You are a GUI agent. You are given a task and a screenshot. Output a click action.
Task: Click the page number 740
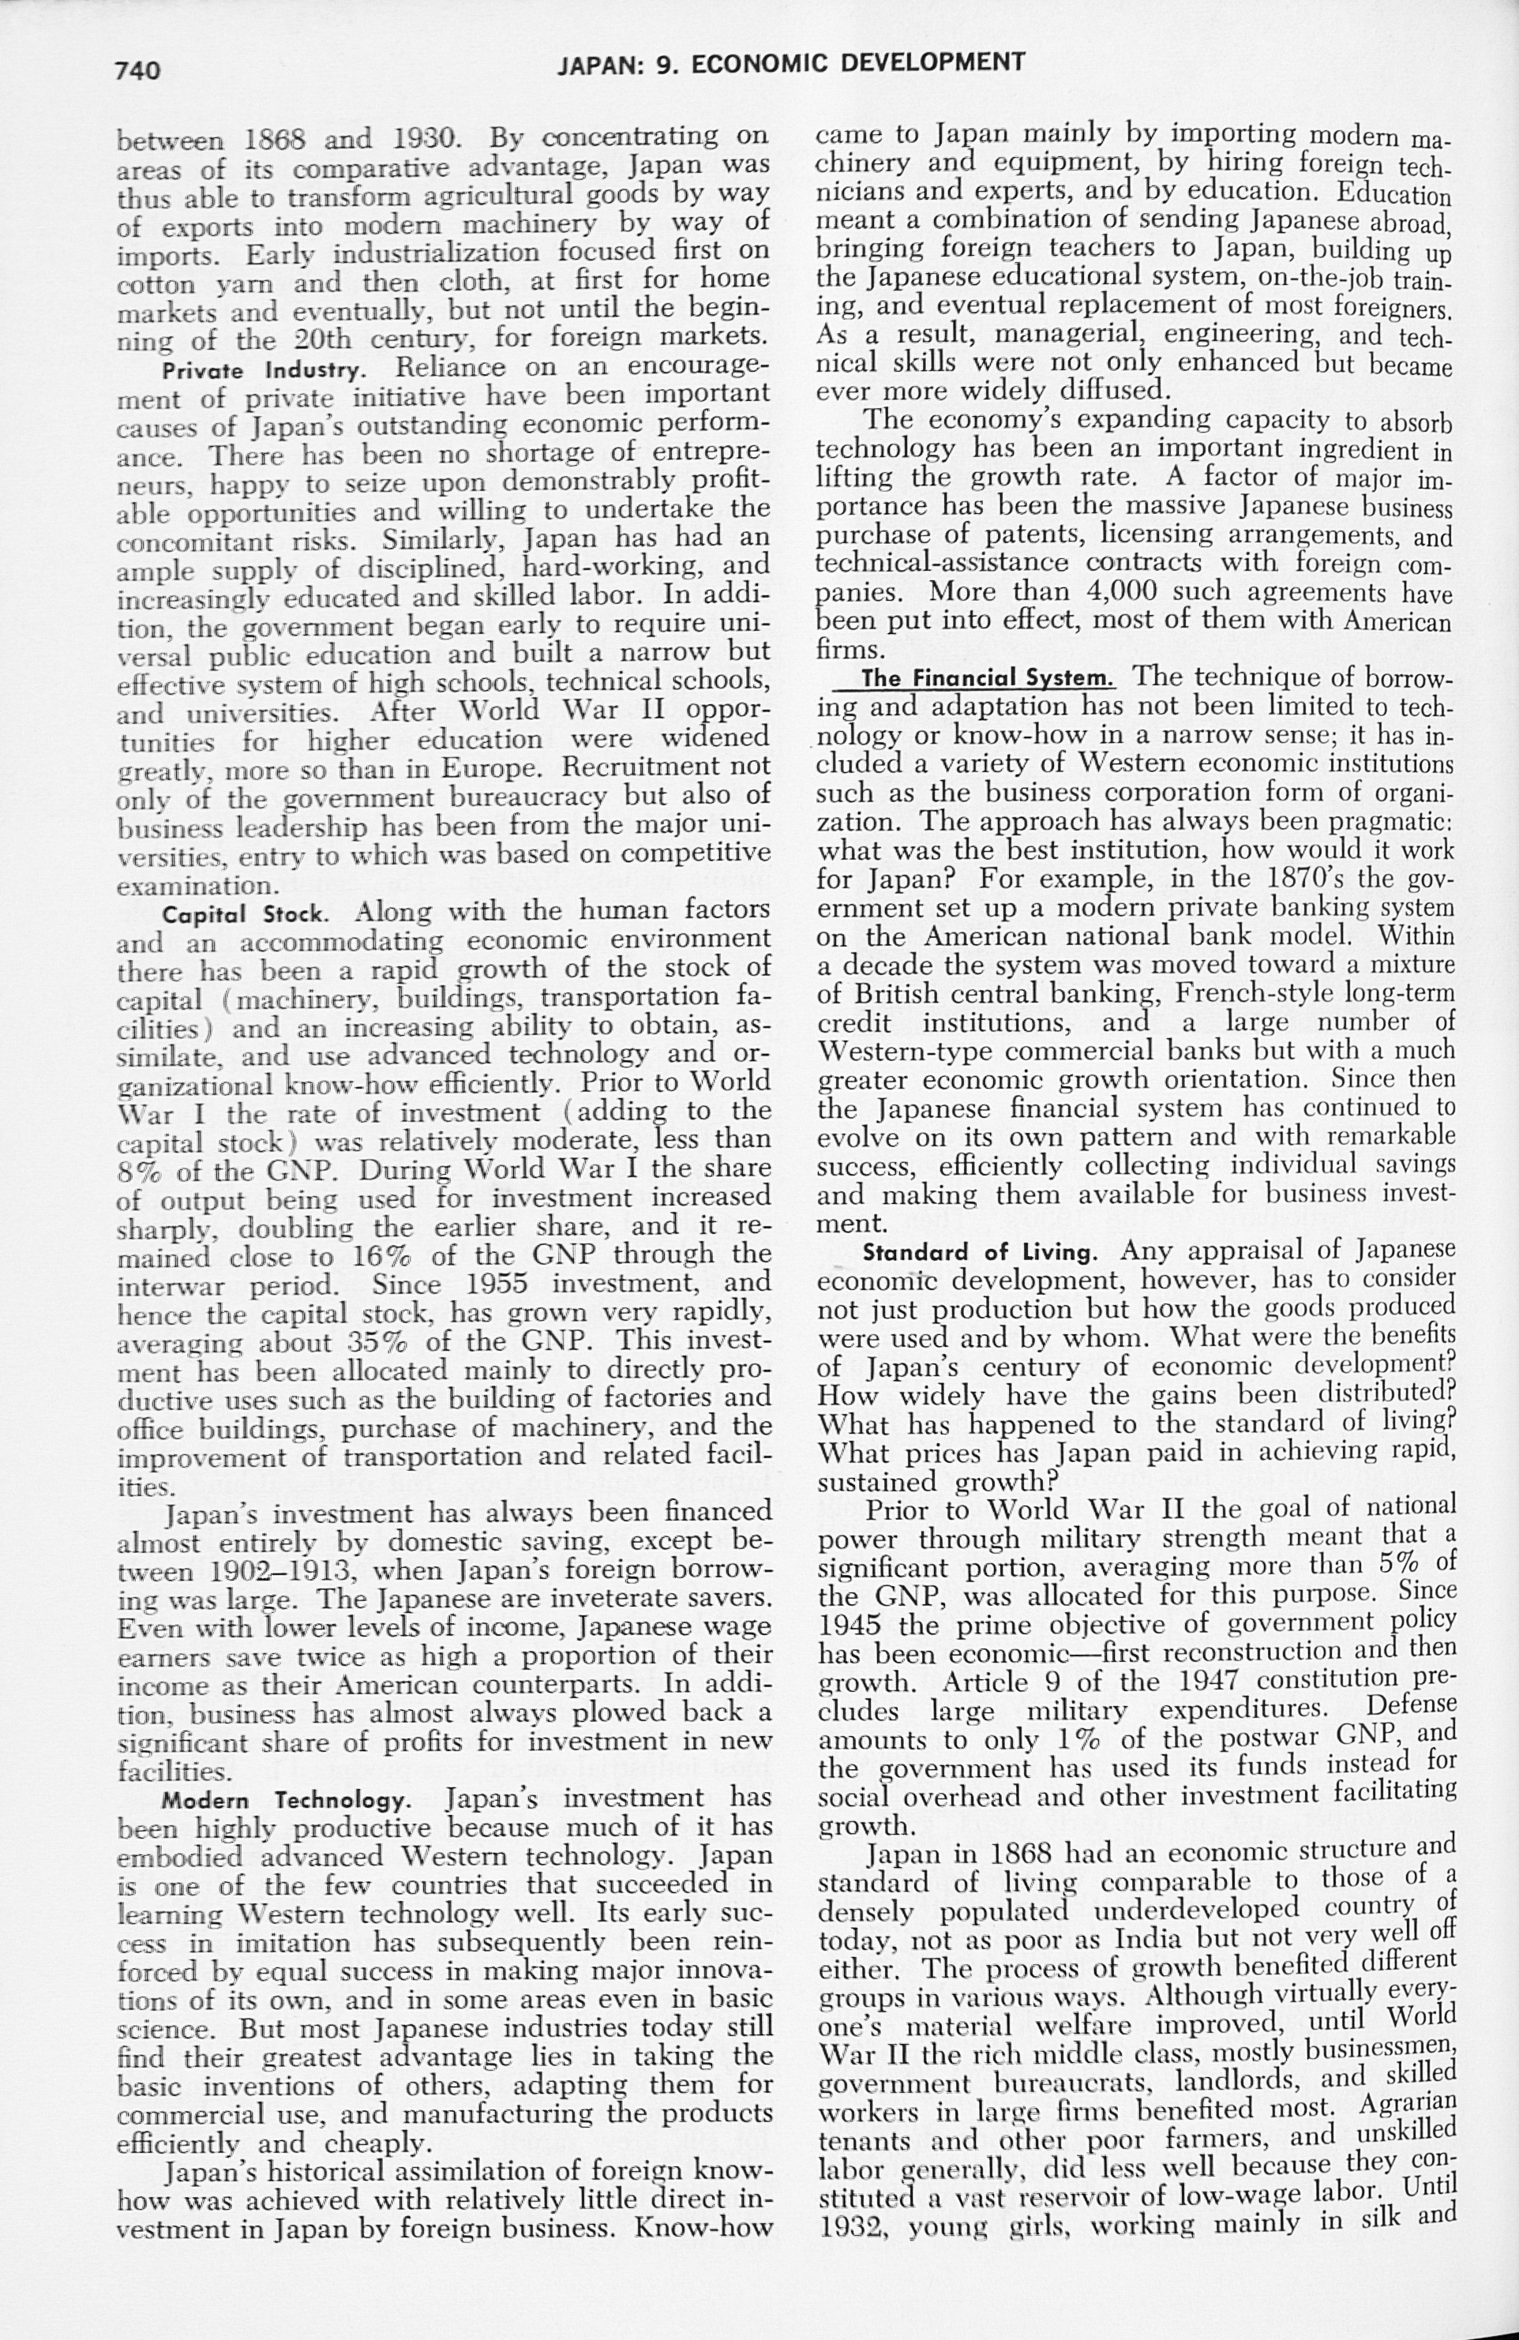click(137, 69)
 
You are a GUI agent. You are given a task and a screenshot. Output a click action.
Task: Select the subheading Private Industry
click(264, 371)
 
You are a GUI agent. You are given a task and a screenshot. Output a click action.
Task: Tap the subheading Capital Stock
click(245, 914)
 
